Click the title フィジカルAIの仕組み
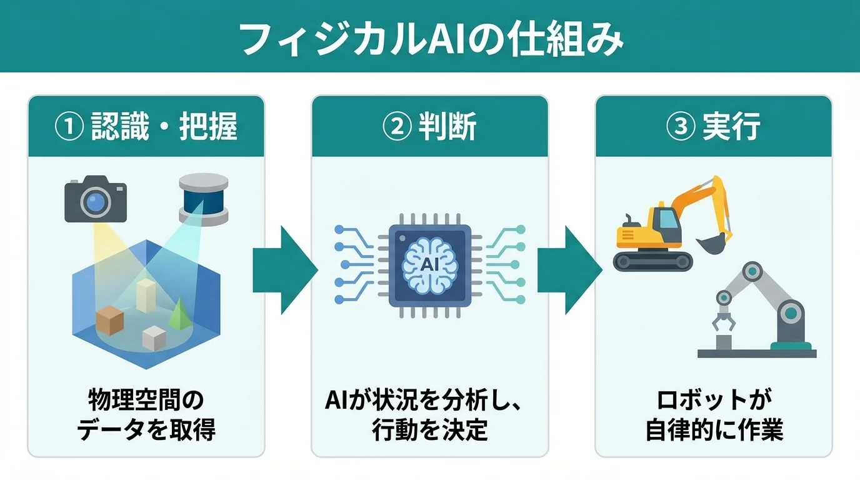coord(430,41)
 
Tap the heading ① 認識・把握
coord(146,127)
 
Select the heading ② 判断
coord(430,127)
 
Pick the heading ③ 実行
coord(714,127)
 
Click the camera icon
coord(96,199)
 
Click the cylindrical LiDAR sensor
coord(204,199)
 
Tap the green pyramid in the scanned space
coord(179,312)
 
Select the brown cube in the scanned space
coord(110,320)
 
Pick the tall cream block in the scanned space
coord(145,295)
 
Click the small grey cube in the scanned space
coord(153,337)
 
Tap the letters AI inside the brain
coord(430,264)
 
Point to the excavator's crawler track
coord(652,260)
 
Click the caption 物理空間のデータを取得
coord(146,414)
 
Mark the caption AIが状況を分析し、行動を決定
coord(430,414)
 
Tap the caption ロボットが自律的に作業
coord(714,414)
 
